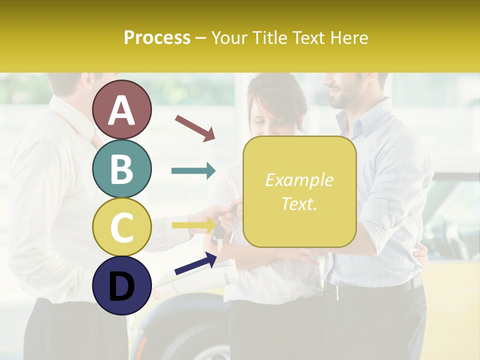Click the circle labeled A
[x=121, y=110]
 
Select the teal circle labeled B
[x=121, y=168]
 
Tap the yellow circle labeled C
[x=121, y=226]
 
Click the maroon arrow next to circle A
[x=195, y=127]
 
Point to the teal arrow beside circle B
[x=193, y=171]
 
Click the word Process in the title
[x=157, y=37]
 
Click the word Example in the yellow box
[x=299, y=180]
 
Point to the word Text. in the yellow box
[x=299, y=203]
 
